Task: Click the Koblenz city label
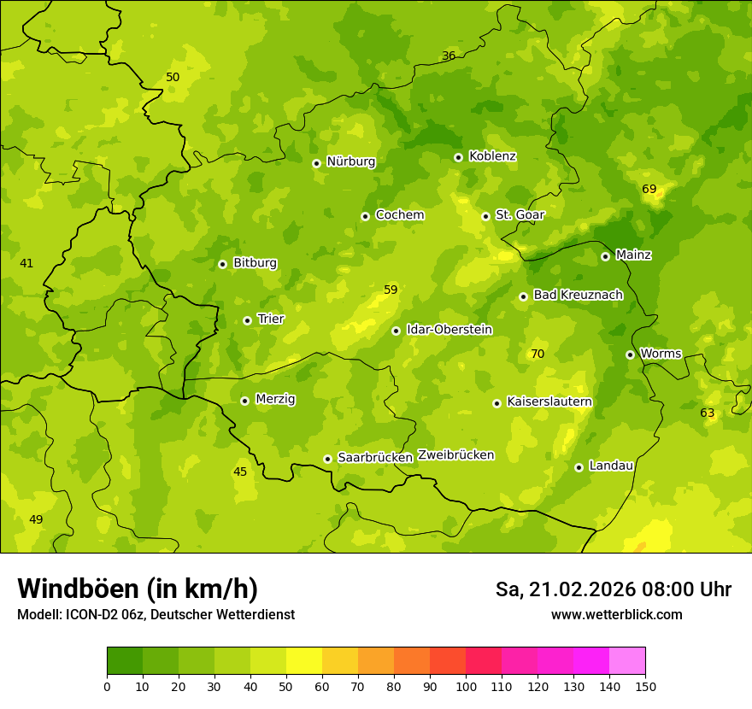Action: tap(492, 156)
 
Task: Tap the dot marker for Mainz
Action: tap(605, 256)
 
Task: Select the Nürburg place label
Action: tap(350, 161)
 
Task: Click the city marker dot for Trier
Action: tap(247, 320)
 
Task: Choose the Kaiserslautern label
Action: tap(549, 401)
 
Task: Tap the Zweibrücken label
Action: tap(455, 454)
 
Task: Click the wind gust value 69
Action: tap(649, 189)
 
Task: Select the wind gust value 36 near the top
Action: tap(449, 56)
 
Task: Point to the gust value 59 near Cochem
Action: tap(391, 290)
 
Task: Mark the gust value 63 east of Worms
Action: tap(708, 413)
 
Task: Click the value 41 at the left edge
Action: tap(26, 263)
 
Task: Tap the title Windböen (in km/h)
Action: tap(138, 589)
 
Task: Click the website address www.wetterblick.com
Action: tap(616, 614)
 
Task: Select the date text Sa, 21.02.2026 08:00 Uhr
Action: tap(613, 589)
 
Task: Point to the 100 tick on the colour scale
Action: tap(466, 686)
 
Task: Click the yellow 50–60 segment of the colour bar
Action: tap(304, 661)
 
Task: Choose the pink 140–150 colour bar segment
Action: tap(627, 661)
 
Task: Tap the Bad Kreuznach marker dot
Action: tap(523, 296)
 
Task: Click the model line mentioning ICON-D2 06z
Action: tap(156, 614)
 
